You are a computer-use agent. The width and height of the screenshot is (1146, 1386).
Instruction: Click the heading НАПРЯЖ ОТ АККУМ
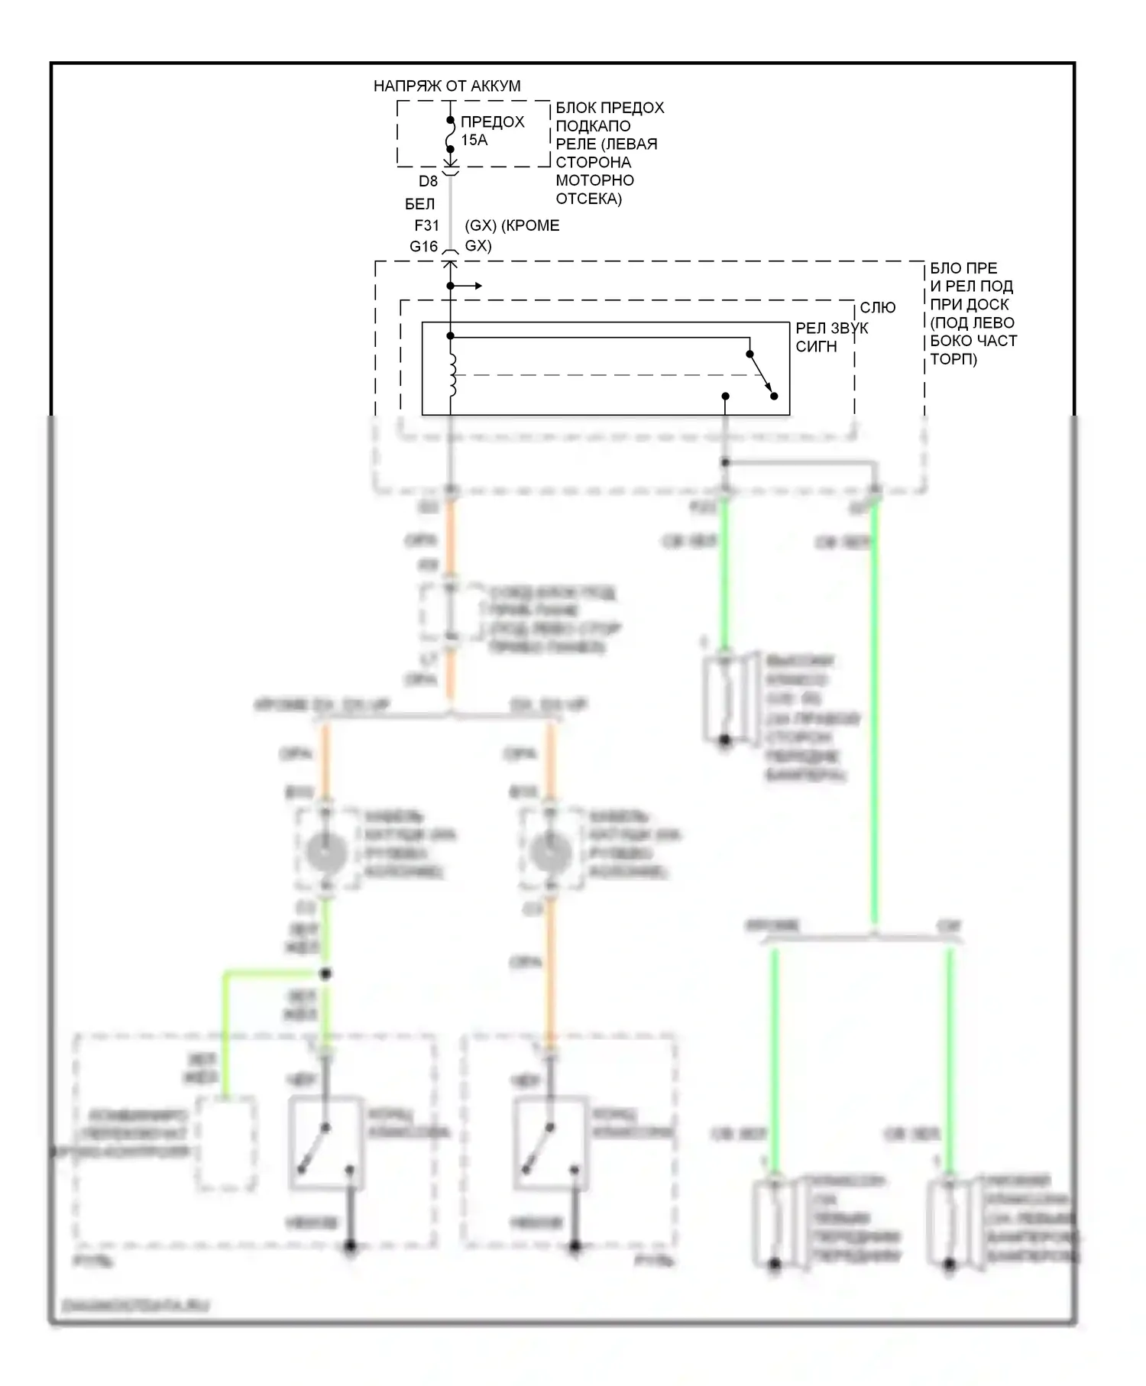[447, 86]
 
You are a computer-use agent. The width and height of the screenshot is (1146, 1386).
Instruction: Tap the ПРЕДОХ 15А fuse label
[491, 131]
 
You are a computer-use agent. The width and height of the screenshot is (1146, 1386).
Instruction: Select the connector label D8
[428, 181]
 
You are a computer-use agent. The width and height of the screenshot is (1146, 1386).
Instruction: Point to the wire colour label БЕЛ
[419, 204]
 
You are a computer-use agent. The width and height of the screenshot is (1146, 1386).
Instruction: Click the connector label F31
[426, 225]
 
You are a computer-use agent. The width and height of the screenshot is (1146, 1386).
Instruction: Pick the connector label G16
[423, 246]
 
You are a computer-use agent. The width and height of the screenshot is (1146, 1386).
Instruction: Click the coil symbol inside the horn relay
[452, 374]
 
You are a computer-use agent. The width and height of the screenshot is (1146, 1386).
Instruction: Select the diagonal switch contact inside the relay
[762, 375]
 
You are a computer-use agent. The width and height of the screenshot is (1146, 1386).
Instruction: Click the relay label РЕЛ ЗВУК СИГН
[831, 337]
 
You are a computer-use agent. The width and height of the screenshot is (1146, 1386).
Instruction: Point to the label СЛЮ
[877, 307]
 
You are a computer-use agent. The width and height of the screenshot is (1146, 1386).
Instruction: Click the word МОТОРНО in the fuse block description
[594, 180]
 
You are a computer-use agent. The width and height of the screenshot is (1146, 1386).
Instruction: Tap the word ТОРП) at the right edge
[953, 358]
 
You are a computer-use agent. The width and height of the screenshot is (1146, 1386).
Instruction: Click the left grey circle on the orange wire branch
[325, 851]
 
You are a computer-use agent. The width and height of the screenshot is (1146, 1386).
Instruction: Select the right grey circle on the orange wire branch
[550, 851]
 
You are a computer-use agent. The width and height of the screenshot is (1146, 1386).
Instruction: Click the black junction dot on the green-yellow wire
[325, 973]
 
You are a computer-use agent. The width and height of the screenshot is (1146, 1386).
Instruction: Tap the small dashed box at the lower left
[226, 1143]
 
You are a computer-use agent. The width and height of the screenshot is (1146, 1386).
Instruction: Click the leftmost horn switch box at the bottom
[326, 1144]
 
